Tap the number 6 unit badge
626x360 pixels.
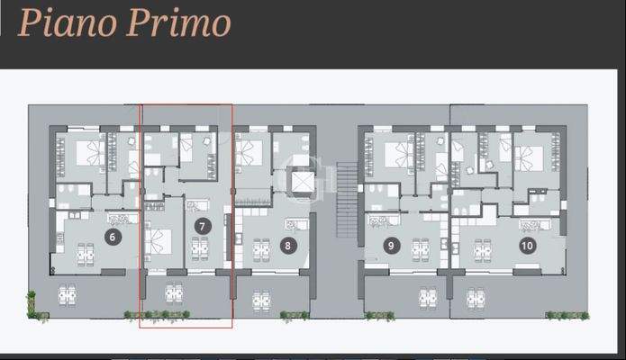pos(113,238)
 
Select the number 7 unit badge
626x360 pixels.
pos(203,227)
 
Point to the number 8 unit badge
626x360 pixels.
pos(287,244)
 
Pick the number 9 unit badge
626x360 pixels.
pos(391,244)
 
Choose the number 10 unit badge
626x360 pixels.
pos(527,244)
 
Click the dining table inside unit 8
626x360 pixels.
pos(262,247)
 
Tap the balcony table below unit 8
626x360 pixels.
pos(262,297)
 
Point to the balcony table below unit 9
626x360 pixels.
pos(428,297)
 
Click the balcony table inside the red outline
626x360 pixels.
pos(174,294)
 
